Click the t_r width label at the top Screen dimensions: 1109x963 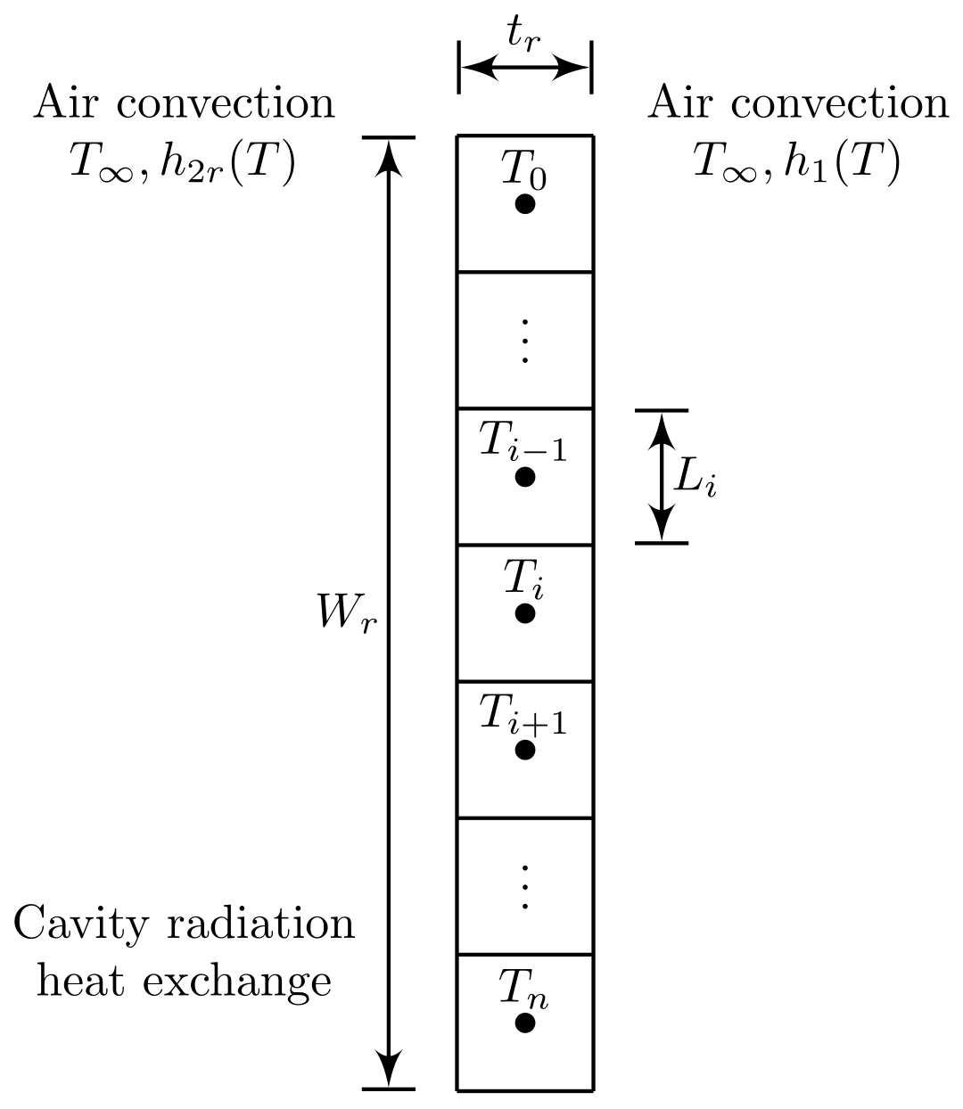tap(524, 34)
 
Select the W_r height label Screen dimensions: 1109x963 tap(348, 612)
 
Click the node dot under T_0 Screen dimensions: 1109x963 tap(525, 204)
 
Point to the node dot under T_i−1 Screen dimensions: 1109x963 tap(525, 477)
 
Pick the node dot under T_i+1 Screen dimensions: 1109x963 tap(525, 750)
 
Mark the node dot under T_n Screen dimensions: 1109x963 tap(525, 1023)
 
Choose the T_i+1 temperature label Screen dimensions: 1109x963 tap(523, 716)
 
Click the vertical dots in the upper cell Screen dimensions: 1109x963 tap(525, 340)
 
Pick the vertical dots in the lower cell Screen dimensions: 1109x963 tap(525, 886)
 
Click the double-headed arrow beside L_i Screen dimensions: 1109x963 tap(661, 477)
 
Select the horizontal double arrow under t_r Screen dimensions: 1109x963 tap(525, 67)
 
